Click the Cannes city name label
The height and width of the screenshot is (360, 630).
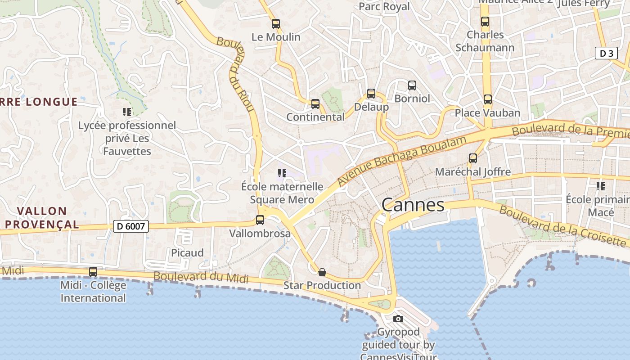(413, 205)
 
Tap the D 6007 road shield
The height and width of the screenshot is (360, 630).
(130, 226)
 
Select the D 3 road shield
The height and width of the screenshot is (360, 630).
(606, 54)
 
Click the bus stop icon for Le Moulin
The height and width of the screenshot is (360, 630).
(276, 24)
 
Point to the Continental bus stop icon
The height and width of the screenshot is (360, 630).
(315, 104)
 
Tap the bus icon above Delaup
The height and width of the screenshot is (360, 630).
(371, 94)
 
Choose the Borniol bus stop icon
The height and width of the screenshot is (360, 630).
(412, 85)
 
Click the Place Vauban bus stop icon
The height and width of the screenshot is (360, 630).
(488, 99)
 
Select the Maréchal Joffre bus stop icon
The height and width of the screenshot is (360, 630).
(473, 158)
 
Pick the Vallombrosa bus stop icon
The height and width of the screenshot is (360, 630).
(260, 220)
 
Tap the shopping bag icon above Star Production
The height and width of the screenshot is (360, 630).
(322, 272)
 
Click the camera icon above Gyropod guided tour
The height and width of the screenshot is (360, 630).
(398, 319)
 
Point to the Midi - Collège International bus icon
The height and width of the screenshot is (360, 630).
(93, 272)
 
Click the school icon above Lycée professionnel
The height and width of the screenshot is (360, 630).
(127, 112)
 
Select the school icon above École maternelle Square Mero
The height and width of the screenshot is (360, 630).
(282, 173)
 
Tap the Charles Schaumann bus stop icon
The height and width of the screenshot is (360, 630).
(485, 21)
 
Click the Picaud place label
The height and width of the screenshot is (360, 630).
(187, 252)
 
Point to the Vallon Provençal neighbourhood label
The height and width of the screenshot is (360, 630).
(42, 217)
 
